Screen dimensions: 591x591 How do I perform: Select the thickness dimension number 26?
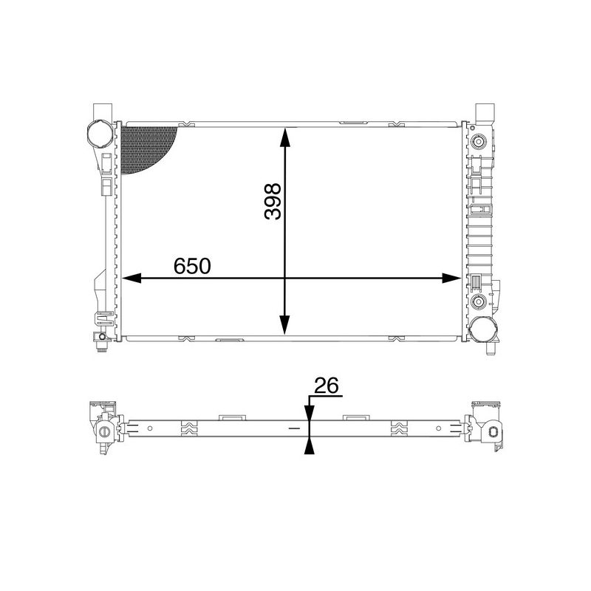(326, 386)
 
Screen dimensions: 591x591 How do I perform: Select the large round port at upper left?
(98, 135)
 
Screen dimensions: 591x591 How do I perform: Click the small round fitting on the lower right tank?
(479, 301)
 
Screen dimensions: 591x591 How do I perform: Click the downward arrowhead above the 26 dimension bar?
(309, 414)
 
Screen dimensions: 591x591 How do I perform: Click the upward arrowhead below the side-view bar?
(309, 444)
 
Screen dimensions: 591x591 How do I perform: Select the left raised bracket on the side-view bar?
(233, 417)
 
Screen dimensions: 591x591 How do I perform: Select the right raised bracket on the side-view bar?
(355, 417)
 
